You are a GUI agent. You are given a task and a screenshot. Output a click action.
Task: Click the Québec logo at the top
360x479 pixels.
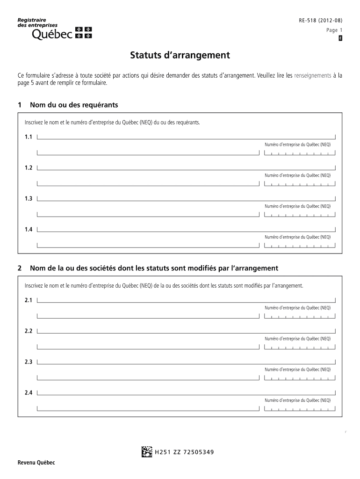pos(55,29)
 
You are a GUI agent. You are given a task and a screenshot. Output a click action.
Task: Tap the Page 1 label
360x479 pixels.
pos(331,30)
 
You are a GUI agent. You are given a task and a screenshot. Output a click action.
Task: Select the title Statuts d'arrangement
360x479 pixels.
pos(180,56)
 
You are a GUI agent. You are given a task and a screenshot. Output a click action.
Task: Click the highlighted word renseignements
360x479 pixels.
pos(313,75)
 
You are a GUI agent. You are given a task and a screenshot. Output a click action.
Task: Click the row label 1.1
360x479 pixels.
pos(29,137)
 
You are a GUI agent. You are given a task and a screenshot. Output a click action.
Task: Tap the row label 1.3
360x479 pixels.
pos(29,199)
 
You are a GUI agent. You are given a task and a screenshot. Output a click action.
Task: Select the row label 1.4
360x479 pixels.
pos(29,230)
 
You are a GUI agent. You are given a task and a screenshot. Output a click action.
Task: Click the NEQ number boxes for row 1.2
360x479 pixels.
pos(300,184)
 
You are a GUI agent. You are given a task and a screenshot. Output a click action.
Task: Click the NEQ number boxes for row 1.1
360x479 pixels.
pos(300,153)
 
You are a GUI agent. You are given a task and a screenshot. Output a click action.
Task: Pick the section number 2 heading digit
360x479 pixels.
pos(20,268)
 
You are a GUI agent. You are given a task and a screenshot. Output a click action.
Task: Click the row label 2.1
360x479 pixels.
pos(29,300)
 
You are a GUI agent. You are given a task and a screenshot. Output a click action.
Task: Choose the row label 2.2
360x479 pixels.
pos(29,331)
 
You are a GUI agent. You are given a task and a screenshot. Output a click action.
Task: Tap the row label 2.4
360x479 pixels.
pos(29,393)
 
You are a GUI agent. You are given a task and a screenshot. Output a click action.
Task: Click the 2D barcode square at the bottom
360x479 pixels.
pos(146,451)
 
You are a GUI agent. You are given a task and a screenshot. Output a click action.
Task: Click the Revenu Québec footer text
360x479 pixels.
pos(36,463)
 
